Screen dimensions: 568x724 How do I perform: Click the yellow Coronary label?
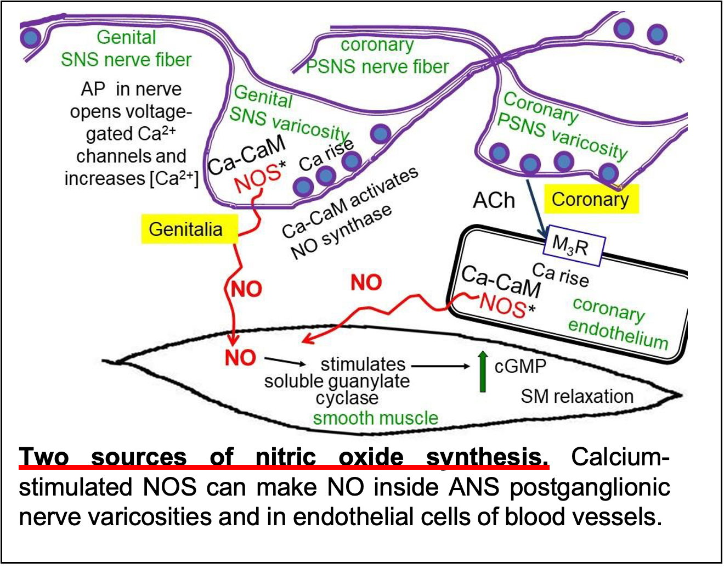point(591,199)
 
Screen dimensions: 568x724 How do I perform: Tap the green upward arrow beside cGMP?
point(483,372)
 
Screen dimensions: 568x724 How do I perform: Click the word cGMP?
point(520,366)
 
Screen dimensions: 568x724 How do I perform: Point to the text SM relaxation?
point(576,396)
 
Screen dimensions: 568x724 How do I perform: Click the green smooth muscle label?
point(375,418)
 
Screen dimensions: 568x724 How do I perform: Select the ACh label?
point(494,201)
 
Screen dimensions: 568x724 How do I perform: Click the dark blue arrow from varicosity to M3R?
point(536,206)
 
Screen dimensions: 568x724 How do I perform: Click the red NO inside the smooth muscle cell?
point(240,358)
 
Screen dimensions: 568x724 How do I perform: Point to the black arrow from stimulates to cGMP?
point(440,365)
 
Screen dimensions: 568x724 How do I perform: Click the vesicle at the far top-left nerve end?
point(30,37)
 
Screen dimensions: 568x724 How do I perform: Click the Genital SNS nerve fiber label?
point(126,48)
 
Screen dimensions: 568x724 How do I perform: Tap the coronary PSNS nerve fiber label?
point(377,55)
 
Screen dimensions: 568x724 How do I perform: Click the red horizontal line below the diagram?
point(284,467)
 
